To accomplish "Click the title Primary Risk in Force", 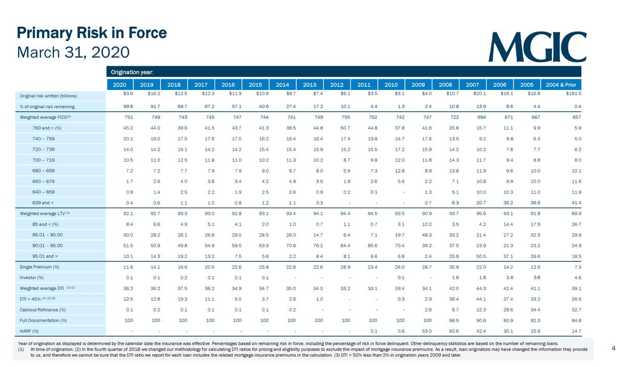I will [92, 33].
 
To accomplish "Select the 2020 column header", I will [119, 84].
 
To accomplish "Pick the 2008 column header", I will [445, 84].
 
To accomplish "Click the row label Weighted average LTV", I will [45, 213].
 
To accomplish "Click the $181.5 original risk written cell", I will [573, 94].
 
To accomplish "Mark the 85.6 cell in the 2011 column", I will [365, 246].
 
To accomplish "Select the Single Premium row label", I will [40, 267].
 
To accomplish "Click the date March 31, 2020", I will [73, 52].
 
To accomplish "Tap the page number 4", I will [613, 348].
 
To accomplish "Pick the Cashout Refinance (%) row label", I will [43, 309].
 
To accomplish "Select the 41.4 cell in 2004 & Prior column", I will [576, 203].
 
